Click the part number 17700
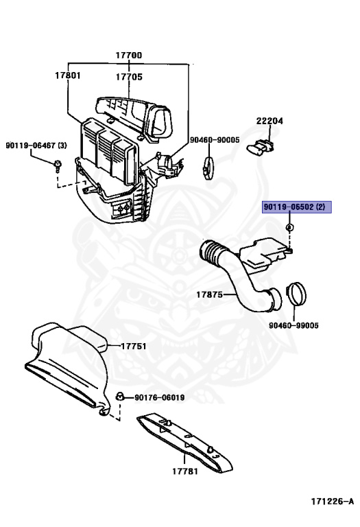129,55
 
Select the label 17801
68,75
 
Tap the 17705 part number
129,77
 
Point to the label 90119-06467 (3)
36,145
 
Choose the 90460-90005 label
215,140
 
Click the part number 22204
269,121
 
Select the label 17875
209,295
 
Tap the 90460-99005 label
293,325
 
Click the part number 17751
133,346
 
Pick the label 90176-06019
160,397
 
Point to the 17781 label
185,471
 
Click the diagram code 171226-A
332,502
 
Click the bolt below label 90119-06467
58,165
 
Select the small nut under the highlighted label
289,228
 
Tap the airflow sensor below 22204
261,148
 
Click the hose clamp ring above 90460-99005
296,294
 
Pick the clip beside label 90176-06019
119,396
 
